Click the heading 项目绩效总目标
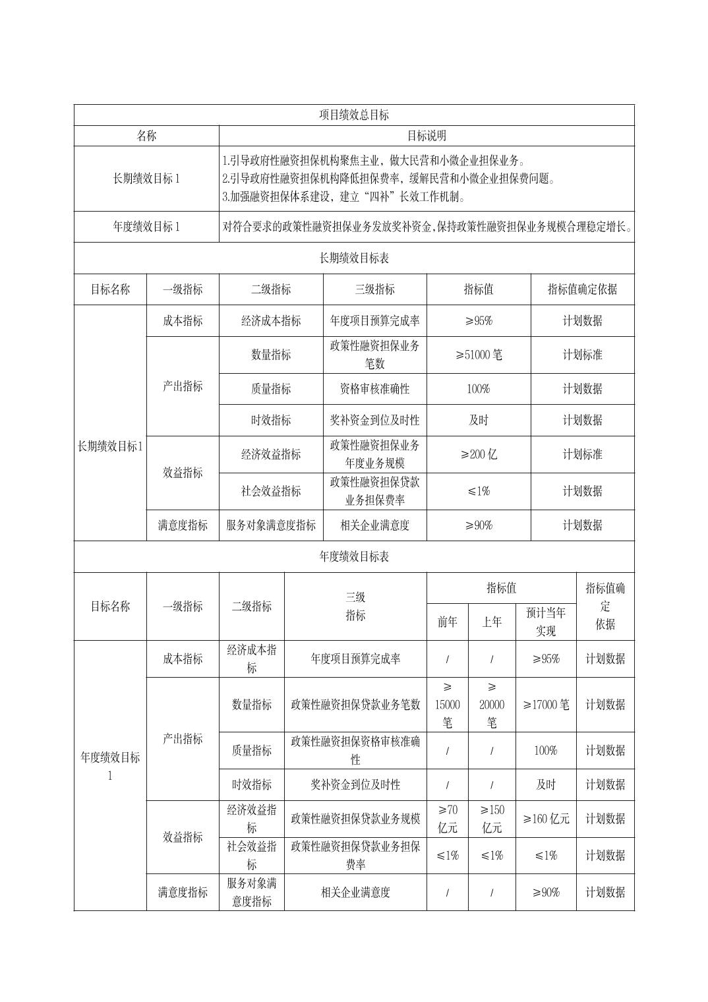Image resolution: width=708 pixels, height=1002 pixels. [x=354, y=115]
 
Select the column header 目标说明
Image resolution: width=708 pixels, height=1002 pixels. [x=426, y=136]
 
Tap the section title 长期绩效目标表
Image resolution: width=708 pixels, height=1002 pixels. [x=354, y=258]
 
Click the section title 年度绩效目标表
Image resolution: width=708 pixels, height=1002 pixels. [x=354, y=556]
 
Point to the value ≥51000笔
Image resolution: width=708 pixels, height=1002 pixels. [x=479, y=355]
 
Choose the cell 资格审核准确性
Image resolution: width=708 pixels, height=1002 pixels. [x=374, y=389]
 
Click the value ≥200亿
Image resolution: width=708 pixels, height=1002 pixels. [x=479, y=454]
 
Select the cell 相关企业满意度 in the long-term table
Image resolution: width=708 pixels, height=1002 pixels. [x=374, y=525]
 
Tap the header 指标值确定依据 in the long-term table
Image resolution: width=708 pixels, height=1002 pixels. [x=582, y=289]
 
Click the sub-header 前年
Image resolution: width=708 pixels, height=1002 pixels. [x=447, y=622]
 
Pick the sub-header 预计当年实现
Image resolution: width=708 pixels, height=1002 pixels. [x=545, y=622]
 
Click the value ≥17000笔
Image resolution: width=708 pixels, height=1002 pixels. [x=545, y=705]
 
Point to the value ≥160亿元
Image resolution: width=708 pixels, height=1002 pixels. [x=545, y=819]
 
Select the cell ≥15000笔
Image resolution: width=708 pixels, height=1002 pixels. [x=447, y=705]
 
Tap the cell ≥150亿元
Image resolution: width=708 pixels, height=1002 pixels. [x=491, y=819]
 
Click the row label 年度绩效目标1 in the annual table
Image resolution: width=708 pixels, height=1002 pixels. [x=110, y=766]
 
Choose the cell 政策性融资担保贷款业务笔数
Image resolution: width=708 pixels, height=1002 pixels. [x=355, y=705]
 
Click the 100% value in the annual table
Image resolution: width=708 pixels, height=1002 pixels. [x=545, y=750]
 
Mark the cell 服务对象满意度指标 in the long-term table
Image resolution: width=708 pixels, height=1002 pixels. [x=271, y=525]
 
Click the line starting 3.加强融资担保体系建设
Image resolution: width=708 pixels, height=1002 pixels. [x=344, y=196]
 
